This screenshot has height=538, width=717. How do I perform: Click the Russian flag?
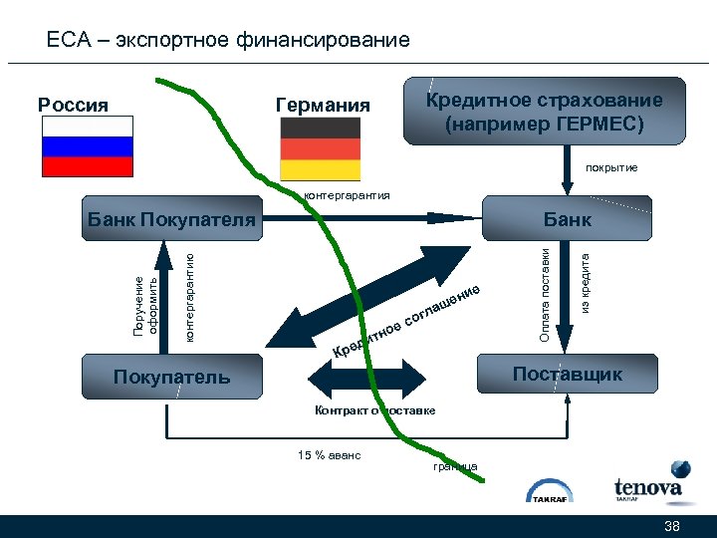click(87, 146)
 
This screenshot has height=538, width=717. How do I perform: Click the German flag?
click(320, 146)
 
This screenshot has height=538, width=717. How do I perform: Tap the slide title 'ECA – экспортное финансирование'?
click(228, 41)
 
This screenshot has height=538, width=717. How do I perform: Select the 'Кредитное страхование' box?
click(544, 112)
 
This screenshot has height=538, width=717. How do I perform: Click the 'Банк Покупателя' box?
click(169, 218)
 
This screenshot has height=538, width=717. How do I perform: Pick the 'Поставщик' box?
click(567, 375)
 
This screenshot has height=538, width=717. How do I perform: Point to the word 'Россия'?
click(73, 104)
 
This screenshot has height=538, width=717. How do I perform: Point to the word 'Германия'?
click(322, 105)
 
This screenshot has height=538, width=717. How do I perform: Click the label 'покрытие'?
click(611, 168)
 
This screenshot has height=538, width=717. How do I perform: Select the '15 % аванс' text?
click(329, 455)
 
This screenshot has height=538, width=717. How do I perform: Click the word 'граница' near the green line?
click(455, 466)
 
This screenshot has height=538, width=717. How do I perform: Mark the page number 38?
click(671, 526)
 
